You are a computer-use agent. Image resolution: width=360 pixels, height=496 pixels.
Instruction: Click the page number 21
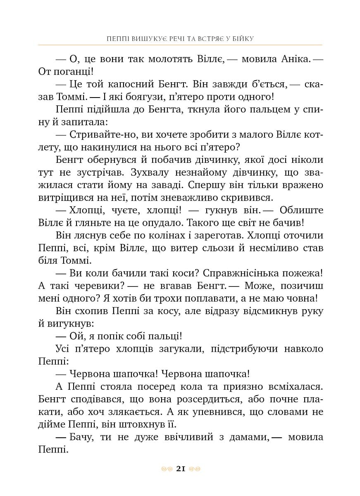[x=180, y=468]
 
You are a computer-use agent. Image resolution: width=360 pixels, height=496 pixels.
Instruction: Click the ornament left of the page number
[x=166, y=469]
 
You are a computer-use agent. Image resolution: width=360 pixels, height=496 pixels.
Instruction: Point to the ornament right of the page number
[x=194, y=469]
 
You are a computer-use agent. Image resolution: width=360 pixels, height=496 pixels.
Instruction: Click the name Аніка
[x=293, y=60]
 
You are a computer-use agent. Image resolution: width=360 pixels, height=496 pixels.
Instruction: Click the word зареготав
[x=198, y=236]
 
